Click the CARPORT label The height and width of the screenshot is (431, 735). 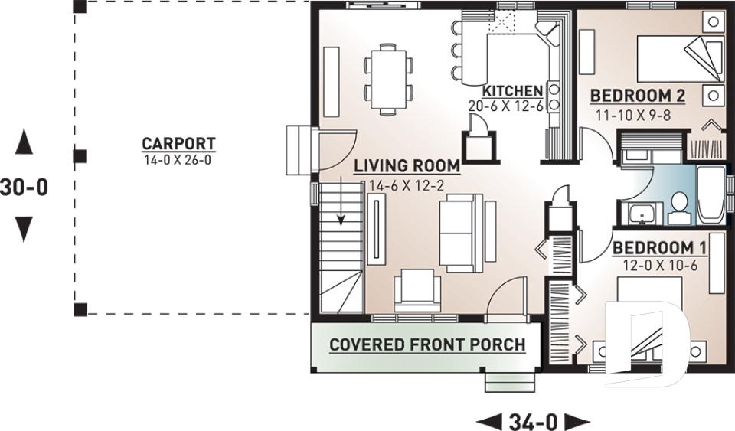pyautogui.click(x=178, y=143)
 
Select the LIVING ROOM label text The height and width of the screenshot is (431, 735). pyautogui.click(x=406, y=165)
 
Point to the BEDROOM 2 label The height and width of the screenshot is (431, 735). pyautogui.click(x=637, y=96)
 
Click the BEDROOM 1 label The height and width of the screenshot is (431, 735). pyautogui.click(x=658, y=248)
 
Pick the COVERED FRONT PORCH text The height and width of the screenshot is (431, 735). pyautogui.click(x=427, y=344)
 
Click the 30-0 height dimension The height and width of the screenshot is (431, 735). pyautogui.click(x=24, y=187)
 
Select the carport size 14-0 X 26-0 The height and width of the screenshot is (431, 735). pyautogui.click(x=178, y=160)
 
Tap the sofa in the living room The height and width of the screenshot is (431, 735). pyautogui.click(x=460, y=231)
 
